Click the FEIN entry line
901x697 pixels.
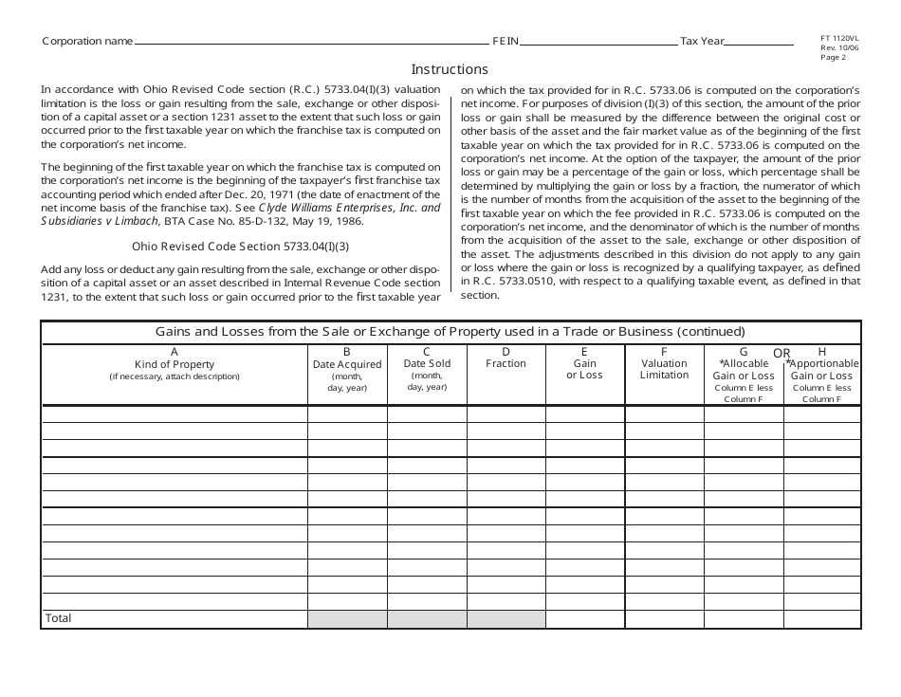coord(599,42)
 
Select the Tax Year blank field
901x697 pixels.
coord(759,42)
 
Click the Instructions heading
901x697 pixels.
coord(450,69)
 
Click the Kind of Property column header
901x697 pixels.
coord(175,364)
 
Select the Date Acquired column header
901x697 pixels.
coord(347,364)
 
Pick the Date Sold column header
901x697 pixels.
coord(427,363)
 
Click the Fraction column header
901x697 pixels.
coord(506,363)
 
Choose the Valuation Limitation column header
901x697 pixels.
coord(664,369)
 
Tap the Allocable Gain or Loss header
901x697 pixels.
coord(744,370)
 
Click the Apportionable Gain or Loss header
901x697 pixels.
coord(822,370)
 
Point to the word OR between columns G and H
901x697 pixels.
coord(781,353)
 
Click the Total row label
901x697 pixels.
coord(59,618)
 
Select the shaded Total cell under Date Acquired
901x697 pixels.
coord(347,618)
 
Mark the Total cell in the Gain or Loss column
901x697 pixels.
coord(585,618)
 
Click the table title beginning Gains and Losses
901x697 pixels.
coord(450,331)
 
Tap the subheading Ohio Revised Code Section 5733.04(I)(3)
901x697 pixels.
coord(240,247)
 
